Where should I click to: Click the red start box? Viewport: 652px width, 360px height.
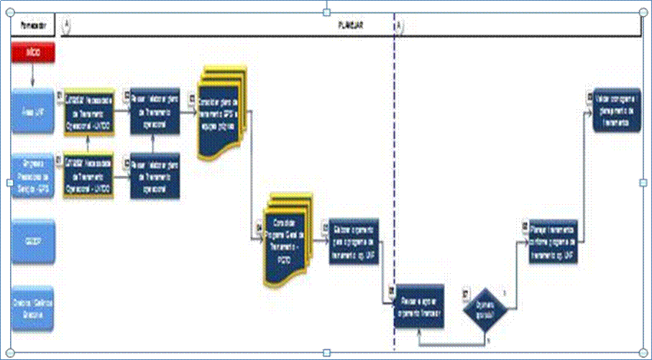pos(33,54)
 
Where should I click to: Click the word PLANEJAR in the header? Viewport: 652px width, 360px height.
pos(351,24)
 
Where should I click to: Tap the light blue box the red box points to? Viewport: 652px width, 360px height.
pos(33,111)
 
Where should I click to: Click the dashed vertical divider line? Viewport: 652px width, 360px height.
pos(395,180)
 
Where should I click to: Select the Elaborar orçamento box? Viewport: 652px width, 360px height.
pos(354,242)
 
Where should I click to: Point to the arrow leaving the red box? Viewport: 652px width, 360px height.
pos(33,75)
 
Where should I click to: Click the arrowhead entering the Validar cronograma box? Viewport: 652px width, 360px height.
pos(592,111)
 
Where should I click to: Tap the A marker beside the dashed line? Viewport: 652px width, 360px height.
pos(400,25)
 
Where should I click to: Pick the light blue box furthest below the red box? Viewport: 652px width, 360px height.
pos(33,308)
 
